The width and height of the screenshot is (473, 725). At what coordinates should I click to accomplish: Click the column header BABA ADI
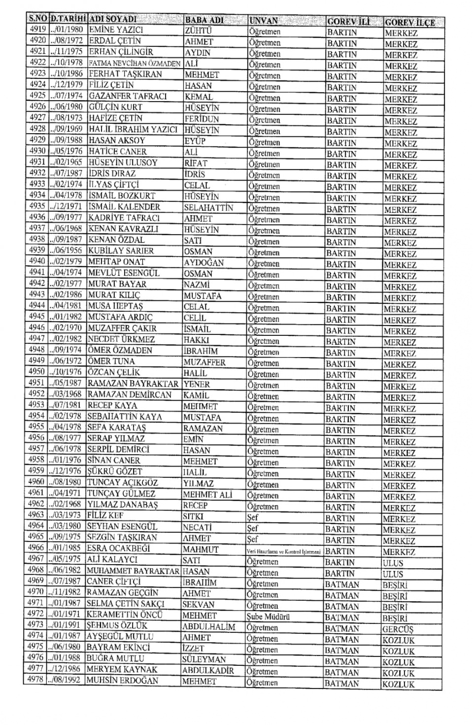(204, 20)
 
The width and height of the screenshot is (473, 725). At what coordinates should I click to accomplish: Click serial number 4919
(37, 30)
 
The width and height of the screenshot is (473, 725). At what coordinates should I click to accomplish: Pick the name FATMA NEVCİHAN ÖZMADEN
(135, 63)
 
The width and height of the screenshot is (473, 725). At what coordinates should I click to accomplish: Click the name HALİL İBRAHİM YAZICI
(133, 129)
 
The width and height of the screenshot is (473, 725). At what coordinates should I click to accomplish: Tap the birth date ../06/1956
(66, 250)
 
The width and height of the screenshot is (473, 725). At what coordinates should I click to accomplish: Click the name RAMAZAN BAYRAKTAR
(133, 383)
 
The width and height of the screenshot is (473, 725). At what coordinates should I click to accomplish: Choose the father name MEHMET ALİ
(207, 495)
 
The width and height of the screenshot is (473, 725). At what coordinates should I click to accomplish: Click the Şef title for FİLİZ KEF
(253, 517)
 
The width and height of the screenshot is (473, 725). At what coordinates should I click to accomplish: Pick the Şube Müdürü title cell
(268, 616)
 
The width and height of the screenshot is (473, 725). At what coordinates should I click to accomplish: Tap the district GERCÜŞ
(398, 629)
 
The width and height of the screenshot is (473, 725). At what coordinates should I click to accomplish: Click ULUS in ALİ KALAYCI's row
(393, 563)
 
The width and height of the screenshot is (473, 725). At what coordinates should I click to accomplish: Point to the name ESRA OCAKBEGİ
(118, 548)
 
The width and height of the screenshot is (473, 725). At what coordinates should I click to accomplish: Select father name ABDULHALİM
(208, 627)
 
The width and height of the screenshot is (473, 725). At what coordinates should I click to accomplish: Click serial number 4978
(35, 680)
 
